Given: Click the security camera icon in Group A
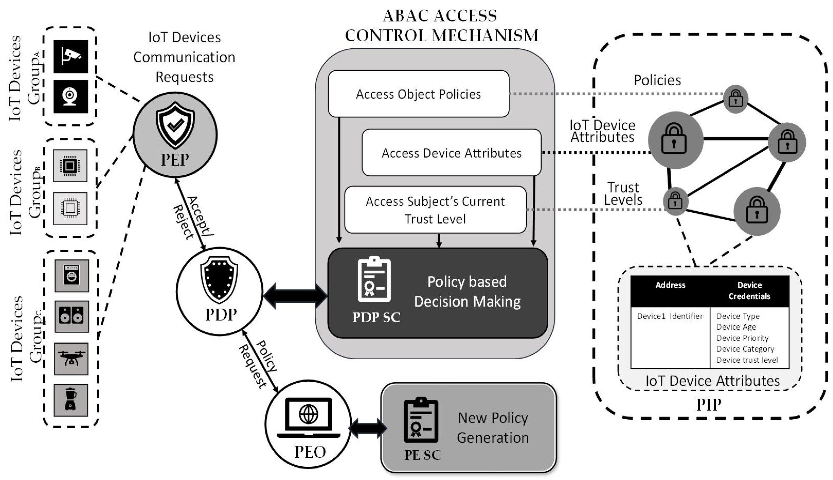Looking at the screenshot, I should (x=71, y=56).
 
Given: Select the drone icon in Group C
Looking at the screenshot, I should (x=71, y=359).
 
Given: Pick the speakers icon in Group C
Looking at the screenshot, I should (x=72, y=316).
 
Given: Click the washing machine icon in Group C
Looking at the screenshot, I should (x=72, y=276).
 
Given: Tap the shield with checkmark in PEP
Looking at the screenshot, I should (x=175, y=125).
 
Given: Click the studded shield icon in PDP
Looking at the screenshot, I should (x=219, y=280).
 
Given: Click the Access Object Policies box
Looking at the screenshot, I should (x=418, y=94).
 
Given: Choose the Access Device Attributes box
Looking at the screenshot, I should (x=451, y=153).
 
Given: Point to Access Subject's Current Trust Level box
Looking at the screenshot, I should (x=435, y=210).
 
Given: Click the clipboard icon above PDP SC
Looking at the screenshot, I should (x=374, y=280).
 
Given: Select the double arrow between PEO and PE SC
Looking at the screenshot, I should (x=368, y=428).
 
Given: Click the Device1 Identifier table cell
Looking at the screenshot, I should (x=670, y=316).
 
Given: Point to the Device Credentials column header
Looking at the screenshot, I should (x=749, y=290).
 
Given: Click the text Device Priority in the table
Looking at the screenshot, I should (x=742, y=338).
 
